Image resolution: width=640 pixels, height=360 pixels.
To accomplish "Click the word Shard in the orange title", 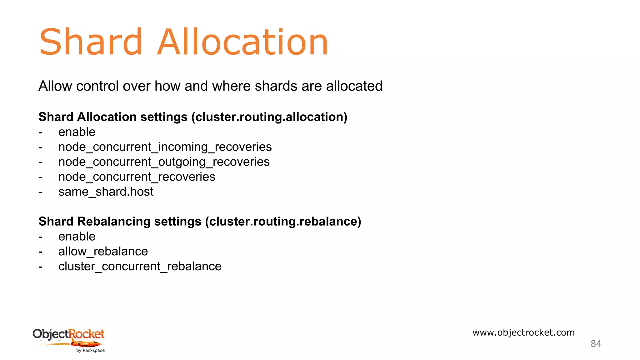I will [x=91, y=42].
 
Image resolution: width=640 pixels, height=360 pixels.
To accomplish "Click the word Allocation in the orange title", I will [x=242, y=42].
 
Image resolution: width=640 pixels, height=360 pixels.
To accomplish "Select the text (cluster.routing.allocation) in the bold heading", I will [x=269, y=117].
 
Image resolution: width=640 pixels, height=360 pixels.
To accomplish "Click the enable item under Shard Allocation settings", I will [x=77, y=132].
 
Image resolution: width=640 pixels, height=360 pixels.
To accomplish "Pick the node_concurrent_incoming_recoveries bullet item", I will [x=165, y=147].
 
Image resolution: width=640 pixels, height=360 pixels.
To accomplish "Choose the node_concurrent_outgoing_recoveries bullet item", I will [x=164, y=162].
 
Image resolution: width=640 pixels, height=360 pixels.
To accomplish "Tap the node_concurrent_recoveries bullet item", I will [x=137, y=177].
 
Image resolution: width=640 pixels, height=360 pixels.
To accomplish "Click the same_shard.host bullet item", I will [x=106, y=192].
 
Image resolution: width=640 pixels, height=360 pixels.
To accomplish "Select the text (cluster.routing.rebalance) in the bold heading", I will [x=283, y=221].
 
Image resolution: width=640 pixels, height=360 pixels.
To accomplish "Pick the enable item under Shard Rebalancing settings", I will [x=77, y=237].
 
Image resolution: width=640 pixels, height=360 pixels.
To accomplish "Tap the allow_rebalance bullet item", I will [x=103, y=252].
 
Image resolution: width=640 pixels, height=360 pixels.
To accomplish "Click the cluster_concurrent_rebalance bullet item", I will [x=140, y=267].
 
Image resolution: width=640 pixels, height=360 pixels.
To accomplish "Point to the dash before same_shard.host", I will [x=41, y=192].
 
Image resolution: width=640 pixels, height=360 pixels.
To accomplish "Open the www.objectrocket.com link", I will [x=523, y=332].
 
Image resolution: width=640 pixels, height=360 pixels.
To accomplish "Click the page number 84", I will [x=596, y=344].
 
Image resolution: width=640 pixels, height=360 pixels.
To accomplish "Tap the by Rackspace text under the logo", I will [x=91, y=351].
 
